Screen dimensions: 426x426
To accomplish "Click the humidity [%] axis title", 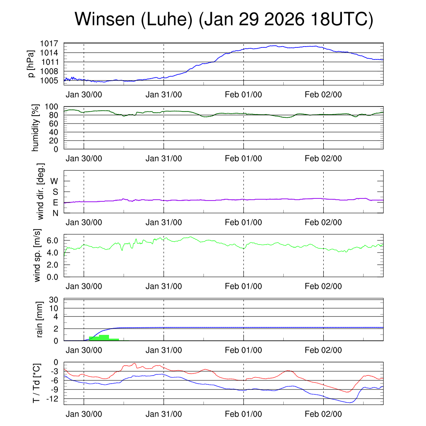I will pyautogui.click(x=35, y=128).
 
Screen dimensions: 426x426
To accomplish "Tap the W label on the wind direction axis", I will pyautogui.click(x=54, y=181).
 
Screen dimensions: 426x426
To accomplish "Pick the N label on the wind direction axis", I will pyautogui.click(x=54, y=213).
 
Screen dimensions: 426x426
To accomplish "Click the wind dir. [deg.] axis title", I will pyautogui.click(x=41, y=191).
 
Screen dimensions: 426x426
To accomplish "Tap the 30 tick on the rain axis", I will pyautogui.click(x=54, y=300).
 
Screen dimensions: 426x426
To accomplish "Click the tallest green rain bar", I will pyautogui.click(x=104, y=337).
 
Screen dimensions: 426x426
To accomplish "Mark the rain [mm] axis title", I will pyautogui.click(x=40, y=319).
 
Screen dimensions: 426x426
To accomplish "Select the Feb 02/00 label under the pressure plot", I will pyautogui.click(x=323, y=94).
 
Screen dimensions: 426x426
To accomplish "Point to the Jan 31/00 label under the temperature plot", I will pyautogui.click(x=163, y=414).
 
